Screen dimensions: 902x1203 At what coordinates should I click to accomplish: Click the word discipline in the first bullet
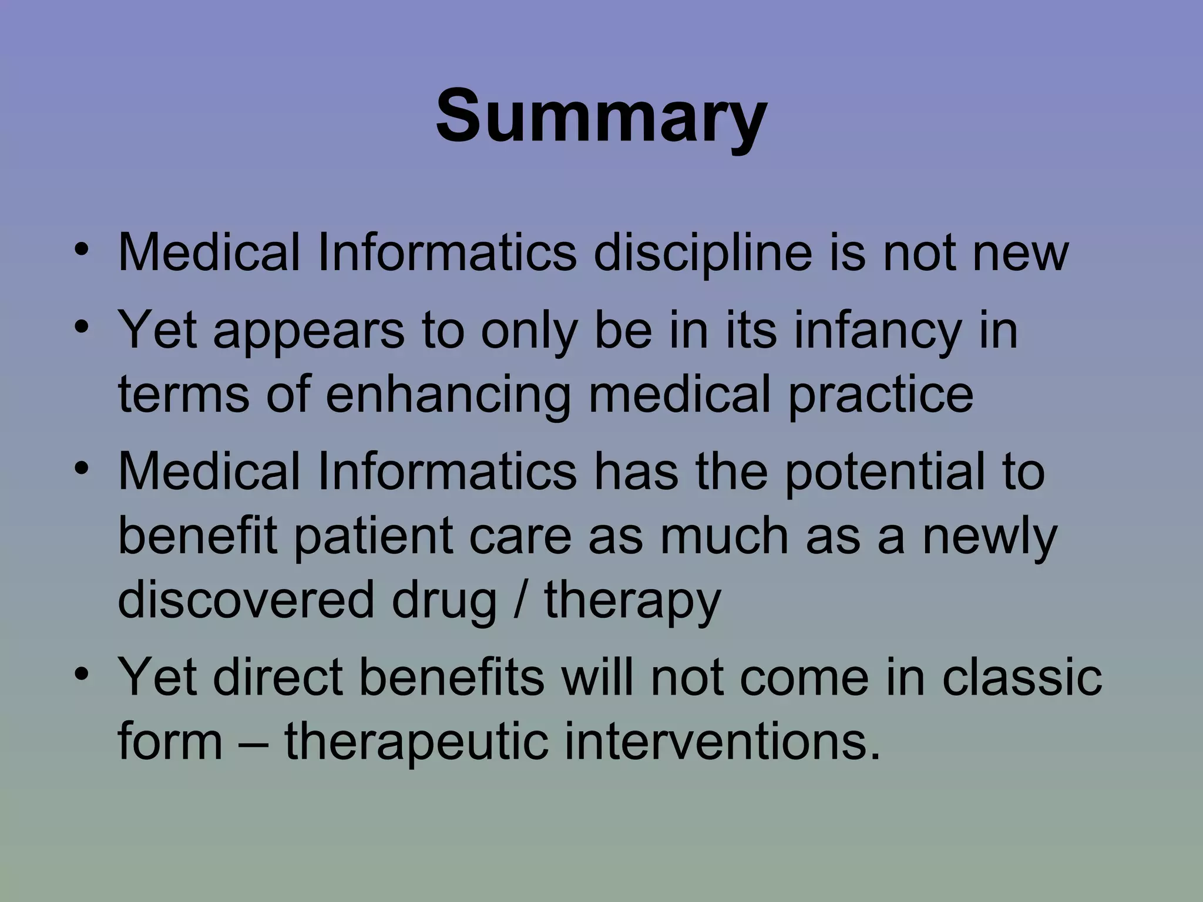tap(703, 253)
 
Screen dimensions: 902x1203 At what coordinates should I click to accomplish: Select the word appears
tap(309, 331)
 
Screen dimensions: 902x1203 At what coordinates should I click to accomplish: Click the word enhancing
tap(448, 395)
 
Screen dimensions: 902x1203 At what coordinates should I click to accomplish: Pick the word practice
tap(881, 395)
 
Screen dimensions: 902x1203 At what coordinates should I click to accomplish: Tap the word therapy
tap(632, 602)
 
